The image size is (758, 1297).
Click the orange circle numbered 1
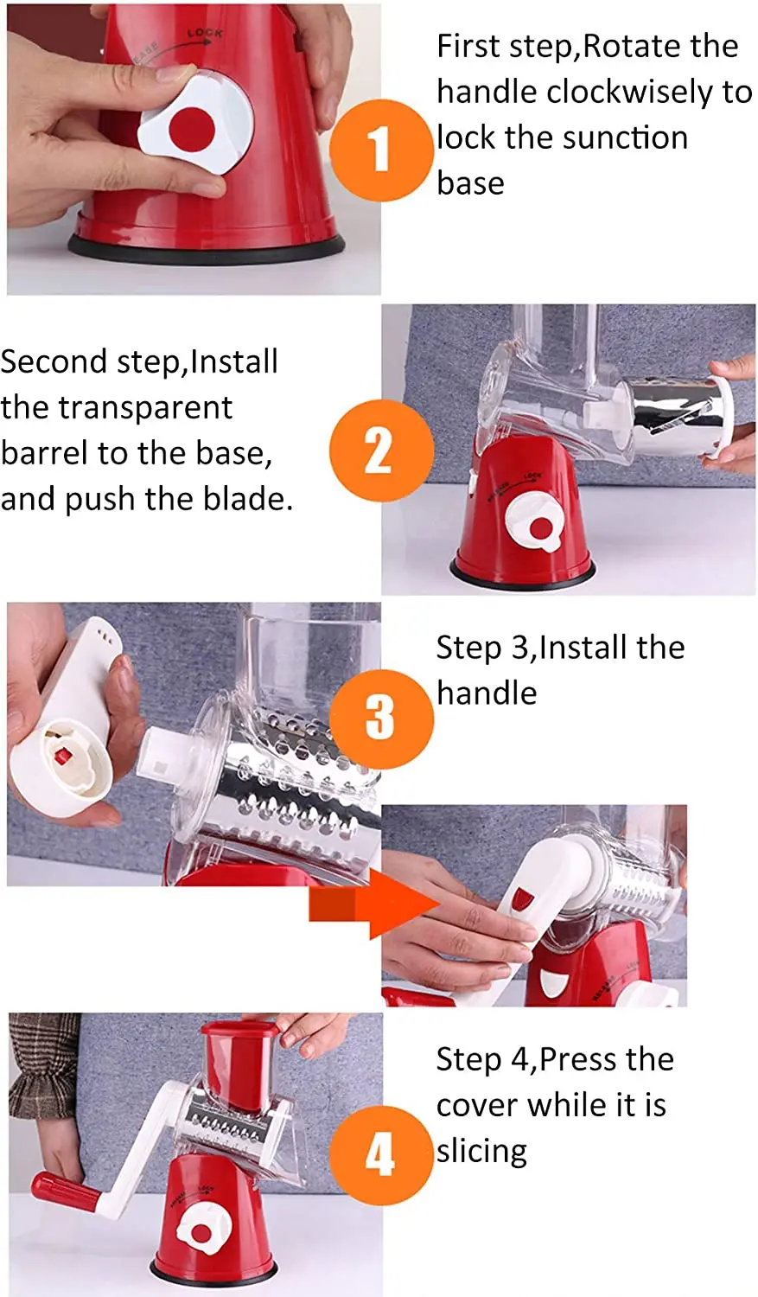[381, 150]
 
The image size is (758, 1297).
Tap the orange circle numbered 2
[381, 451]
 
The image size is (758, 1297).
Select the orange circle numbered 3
[381, 719]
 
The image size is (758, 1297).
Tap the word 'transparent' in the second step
[145, 407]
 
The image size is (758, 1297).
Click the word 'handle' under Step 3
[487, 693]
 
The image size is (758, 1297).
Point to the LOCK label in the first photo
[205, 33]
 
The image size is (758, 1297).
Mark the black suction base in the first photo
[206, 248]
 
